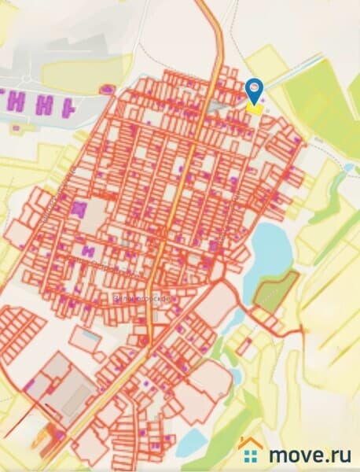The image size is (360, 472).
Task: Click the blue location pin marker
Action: coord(253,88)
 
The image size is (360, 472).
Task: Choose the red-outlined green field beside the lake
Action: coord(277,291)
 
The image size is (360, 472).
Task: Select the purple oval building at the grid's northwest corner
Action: coord(105,91)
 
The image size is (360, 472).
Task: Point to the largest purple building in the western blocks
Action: coord(79,209)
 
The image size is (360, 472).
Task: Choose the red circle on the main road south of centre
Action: coord(143,340)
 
